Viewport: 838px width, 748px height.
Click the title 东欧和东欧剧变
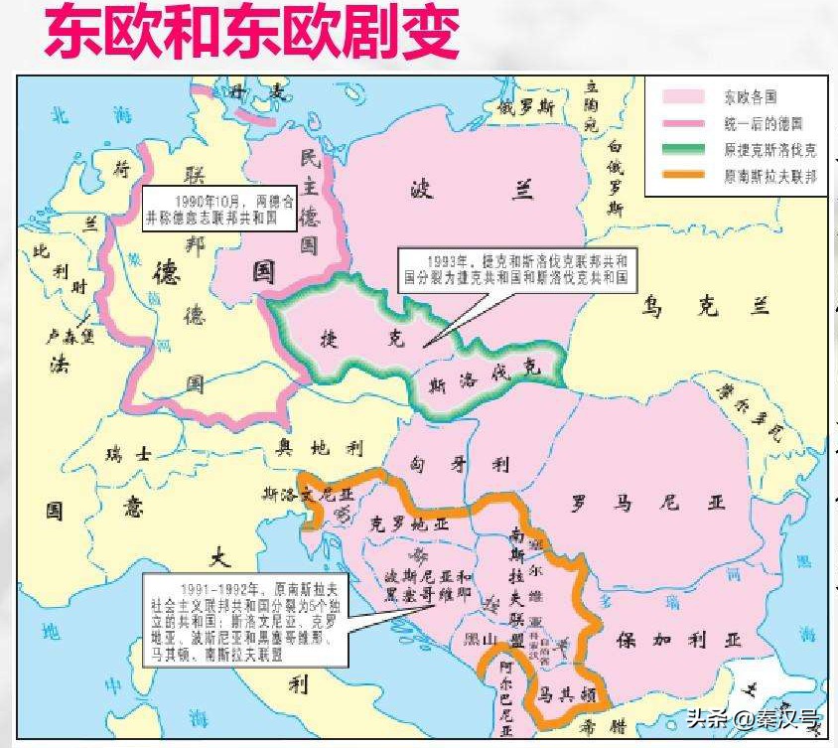(x=250, y=35)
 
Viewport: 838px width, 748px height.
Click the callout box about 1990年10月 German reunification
(x=219, y=207)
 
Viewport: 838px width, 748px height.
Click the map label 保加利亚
(x=677, y=638)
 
